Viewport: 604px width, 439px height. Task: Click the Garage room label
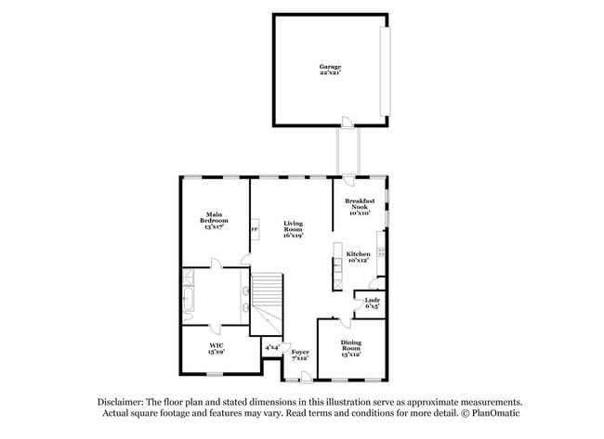pos(330,70)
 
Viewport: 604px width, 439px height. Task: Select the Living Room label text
pos(294,229)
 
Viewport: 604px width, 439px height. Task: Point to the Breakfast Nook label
pos(360,207)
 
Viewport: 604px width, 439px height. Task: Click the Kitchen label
pos(359,257)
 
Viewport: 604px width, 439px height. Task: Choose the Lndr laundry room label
pos(372,303)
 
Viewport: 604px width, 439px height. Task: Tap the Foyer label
pos(300,355)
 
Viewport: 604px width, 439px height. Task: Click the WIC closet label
pos(215,350)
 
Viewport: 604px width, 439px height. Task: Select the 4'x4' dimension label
pos(272,347)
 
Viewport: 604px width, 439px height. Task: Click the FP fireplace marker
pos(254,230)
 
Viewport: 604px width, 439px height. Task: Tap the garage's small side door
pos(346,122)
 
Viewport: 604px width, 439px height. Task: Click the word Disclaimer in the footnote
pos(122,401)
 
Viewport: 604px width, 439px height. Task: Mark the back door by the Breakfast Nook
pos(348,178)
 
